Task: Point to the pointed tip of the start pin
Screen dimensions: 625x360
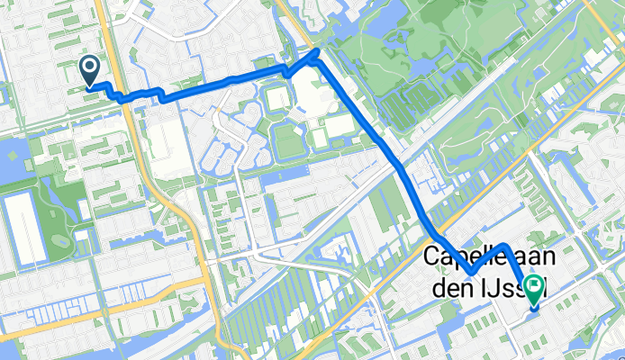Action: [91, 86]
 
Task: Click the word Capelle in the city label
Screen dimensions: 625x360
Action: [458, 256]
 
